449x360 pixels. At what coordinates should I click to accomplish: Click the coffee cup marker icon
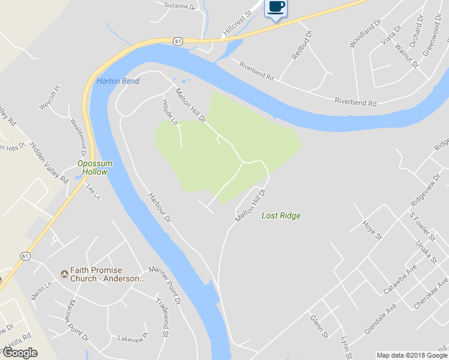pos(276,7)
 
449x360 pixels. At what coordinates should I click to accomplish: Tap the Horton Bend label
pos(118,81)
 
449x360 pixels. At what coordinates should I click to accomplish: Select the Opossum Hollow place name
pos(92,167)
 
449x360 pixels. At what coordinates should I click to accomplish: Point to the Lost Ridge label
pos(281,216)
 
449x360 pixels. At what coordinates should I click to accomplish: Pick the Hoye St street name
pos(372,230)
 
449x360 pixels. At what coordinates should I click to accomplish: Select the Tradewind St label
pos(161,314)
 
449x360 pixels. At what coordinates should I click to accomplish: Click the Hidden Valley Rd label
pos(49,161)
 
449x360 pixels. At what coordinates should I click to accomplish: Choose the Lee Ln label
pos(92,192)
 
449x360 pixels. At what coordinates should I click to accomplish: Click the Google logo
pos(20,353)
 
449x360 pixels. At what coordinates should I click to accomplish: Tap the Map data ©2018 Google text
pos(412,355)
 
